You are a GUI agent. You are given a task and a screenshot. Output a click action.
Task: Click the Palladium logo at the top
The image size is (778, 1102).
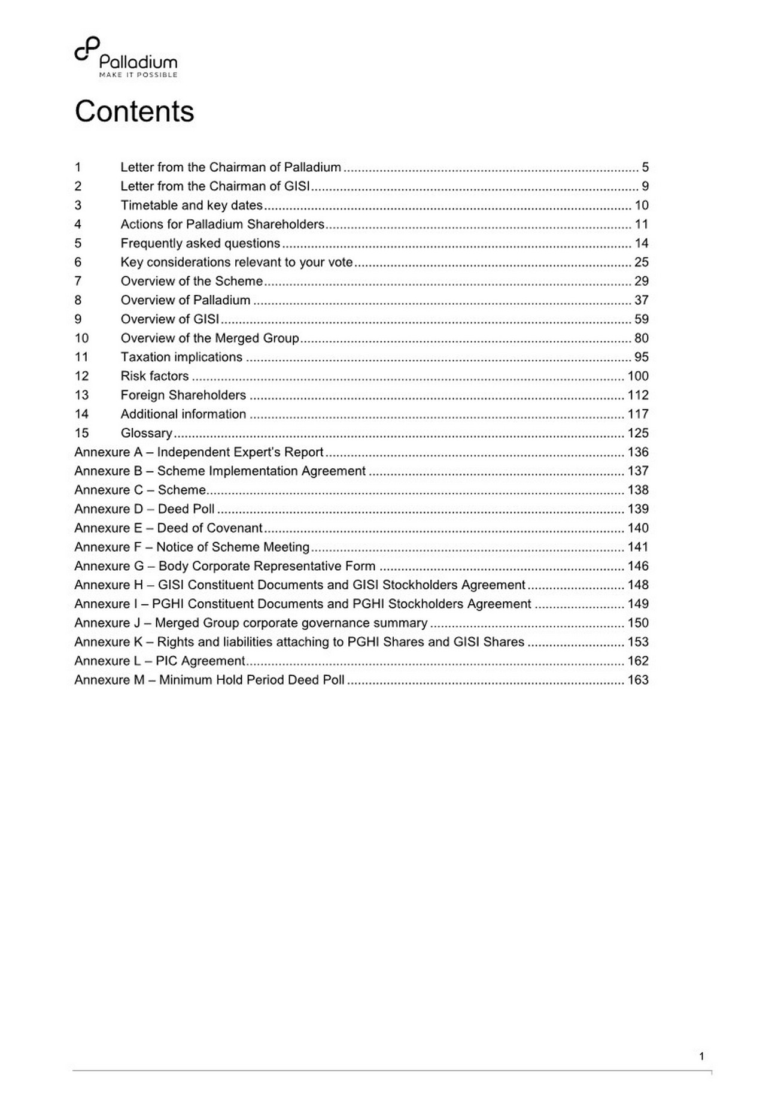tap(126, 57)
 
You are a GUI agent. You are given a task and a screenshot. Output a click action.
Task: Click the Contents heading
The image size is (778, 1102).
tap(134, 111)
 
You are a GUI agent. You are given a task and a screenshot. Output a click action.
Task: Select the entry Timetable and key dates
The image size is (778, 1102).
tap(192, 205)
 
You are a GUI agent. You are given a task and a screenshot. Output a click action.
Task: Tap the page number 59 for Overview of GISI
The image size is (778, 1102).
tap(642, 319)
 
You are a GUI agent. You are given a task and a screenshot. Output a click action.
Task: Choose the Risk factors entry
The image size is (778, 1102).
tap(154, 376)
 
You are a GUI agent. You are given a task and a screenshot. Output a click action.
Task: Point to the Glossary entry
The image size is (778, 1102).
tap(147, 433)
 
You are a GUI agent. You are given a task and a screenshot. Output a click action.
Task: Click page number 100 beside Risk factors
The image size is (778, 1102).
tap(638, 376)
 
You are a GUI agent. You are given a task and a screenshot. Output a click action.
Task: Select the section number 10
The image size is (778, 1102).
tap(81, 338)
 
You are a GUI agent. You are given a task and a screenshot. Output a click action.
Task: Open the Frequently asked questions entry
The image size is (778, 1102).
tap(200, 243)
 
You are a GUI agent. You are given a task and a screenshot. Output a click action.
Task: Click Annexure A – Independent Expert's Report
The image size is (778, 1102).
tap(199, 452)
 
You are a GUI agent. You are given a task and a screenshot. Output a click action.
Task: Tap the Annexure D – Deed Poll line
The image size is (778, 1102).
tap(144, 509)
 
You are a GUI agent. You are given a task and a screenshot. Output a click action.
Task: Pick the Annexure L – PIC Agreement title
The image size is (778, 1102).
tap(160, 661)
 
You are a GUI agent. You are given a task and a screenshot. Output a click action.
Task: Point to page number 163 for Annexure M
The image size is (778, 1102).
tap(638, 680)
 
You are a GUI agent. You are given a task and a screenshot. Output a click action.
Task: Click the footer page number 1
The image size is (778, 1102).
tap(701, 1056)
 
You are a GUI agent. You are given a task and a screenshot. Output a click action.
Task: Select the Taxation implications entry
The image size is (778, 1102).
tap(181, 357)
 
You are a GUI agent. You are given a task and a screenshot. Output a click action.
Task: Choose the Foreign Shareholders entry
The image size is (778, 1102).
tap(183, 395)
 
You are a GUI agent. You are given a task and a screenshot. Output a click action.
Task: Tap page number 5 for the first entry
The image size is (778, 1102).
tap(645, 167)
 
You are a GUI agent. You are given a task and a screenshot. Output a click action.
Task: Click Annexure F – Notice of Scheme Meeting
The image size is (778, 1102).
tap(192, 547)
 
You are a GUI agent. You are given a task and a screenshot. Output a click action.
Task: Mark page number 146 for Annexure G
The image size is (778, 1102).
tap(638, 566)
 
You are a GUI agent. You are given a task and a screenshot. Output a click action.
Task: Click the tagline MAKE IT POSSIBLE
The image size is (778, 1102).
tap(138, 75)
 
